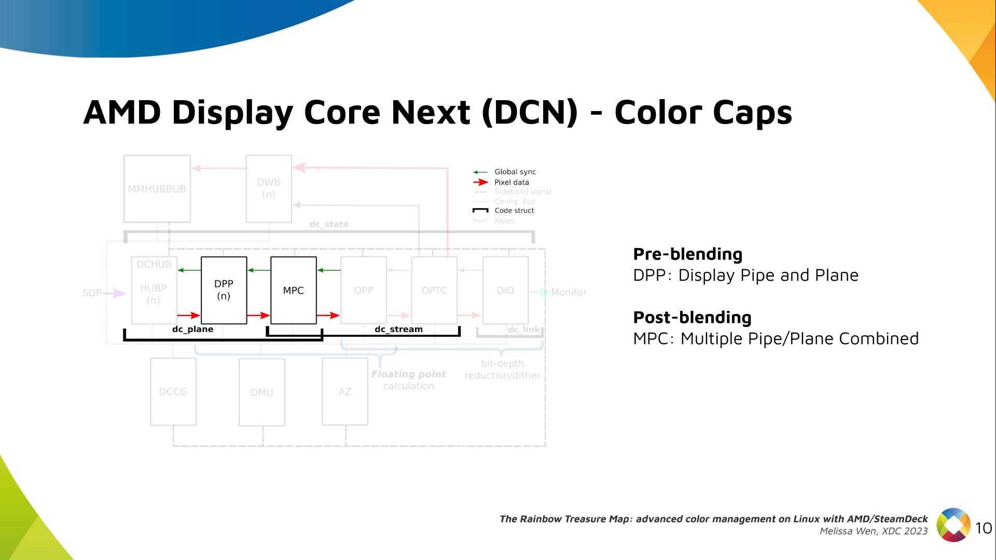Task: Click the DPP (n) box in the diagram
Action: coord(224,290)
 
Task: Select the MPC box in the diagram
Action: coord(294,290)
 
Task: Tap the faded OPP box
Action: coord(364,290)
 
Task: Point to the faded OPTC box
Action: coord(434,290)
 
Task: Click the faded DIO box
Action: coord(505,290)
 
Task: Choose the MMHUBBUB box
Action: coord(157,189)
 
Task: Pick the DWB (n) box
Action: coord(269,188)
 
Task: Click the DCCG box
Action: coord(173,392)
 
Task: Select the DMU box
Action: coord(262,392)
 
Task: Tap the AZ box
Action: coord(345,391)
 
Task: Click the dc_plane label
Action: coord(192,329)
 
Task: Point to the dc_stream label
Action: coord(398,329)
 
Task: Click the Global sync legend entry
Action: coord(515,172)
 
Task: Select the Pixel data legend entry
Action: coord(511,182)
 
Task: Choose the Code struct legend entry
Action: coord(514,210)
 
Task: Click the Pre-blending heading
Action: coord(688,254)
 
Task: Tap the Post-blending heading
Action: coord(692,317)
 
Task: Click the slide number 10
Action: coord(984,528)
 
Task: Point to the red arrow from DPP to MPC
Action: coord(258,315)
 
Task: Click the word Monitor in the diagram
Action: coord(569,292)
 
